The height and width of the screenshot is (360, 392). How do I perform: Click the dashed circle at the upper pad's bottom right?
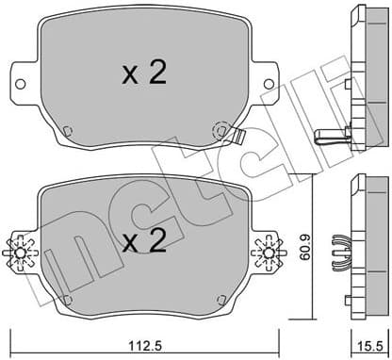[x=220, y=131]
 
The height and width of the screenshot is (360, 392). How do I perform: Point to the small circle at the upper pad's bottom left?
[x=67, y=131]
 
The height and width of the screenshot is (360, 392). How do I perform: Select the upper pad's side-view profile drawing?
[x=362, y=80]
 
